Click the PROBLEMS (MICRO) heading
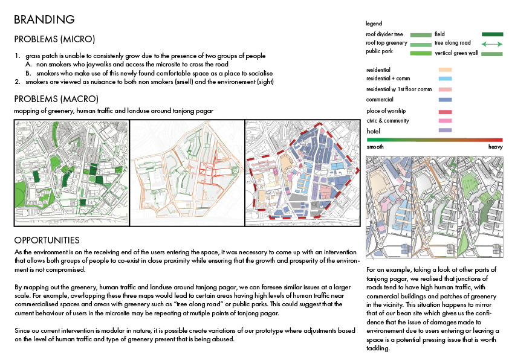54,40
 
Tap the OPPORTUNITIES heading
47,240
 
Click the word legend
374,24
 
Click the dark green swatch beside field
492,35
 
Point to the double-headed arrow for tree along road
492,44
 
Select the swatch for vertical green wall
492,54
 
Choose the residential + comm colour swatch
445,79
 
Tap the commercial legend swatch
445,100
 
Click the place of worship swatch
445,112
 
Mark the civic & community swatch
445,121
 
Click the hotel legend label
374,130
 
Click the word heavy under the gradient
495,147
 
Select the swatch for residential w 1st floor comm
445,89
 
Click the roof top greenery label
386,43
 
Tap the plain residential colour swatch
445,70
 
